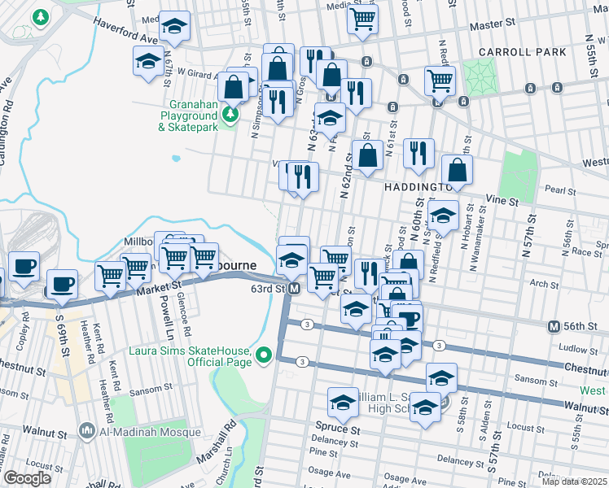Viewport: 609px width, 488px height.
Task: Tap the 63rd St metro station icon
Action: tap(294, 289)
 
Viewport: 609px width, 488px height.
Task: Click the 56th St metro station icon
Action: tap(554, 326)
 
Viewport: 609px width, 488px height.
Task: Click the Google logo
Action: tap(28, 478)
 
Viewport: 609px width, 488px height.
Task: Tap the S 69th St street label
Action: tap(64, 342)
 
